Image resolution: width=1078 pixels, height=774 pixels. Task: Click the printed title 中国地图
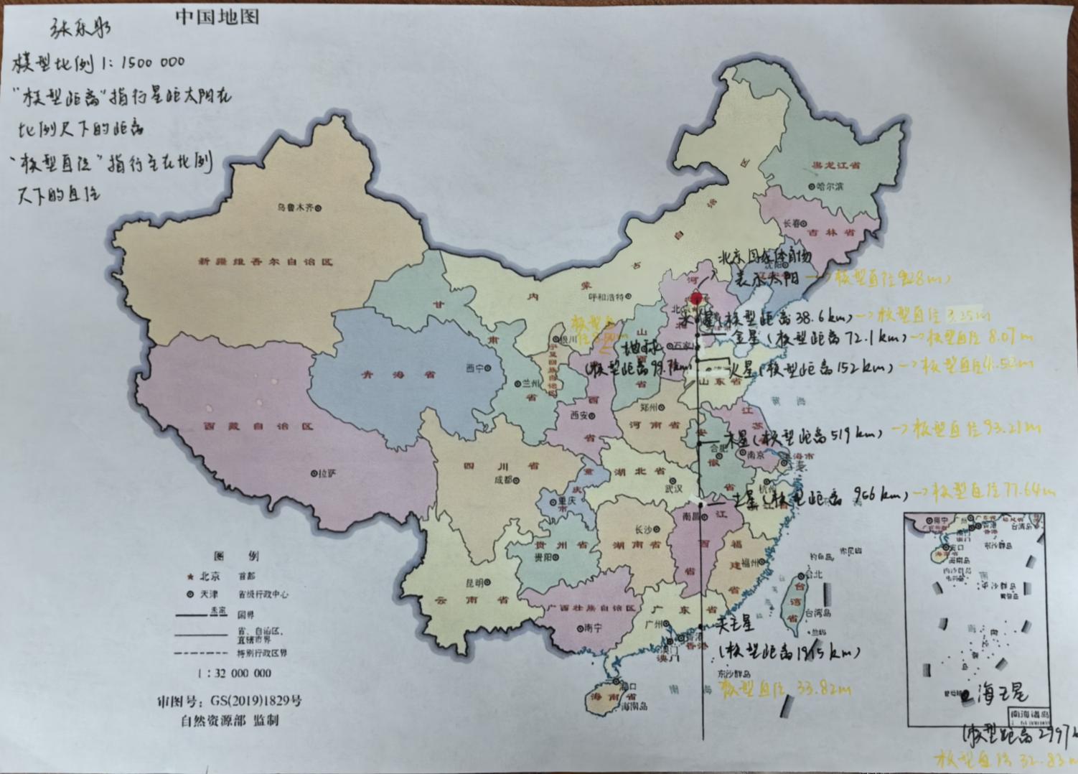click(x=217, y=17)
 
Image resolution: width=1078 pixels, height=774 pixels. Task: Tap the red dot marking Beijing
click(x=695, y=297)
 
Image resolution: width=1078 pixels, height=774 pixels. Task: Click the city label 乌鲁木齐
click(x=296, y=208)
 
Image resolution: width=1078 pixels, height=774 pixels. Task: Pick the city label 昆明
click(x=475, y=582)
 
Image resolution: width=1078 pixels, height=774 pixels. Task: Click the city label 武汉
click(x=673, y=488)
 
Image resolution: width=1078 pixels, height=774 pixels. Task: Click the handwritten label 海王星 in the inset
click(x=1000, y=693)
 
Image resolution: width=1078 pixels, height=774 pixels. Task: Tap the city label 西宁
click(x=474, y=368)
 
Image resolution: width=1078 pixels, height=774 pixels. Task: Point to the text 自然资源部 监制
click(x=229, y=721)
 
